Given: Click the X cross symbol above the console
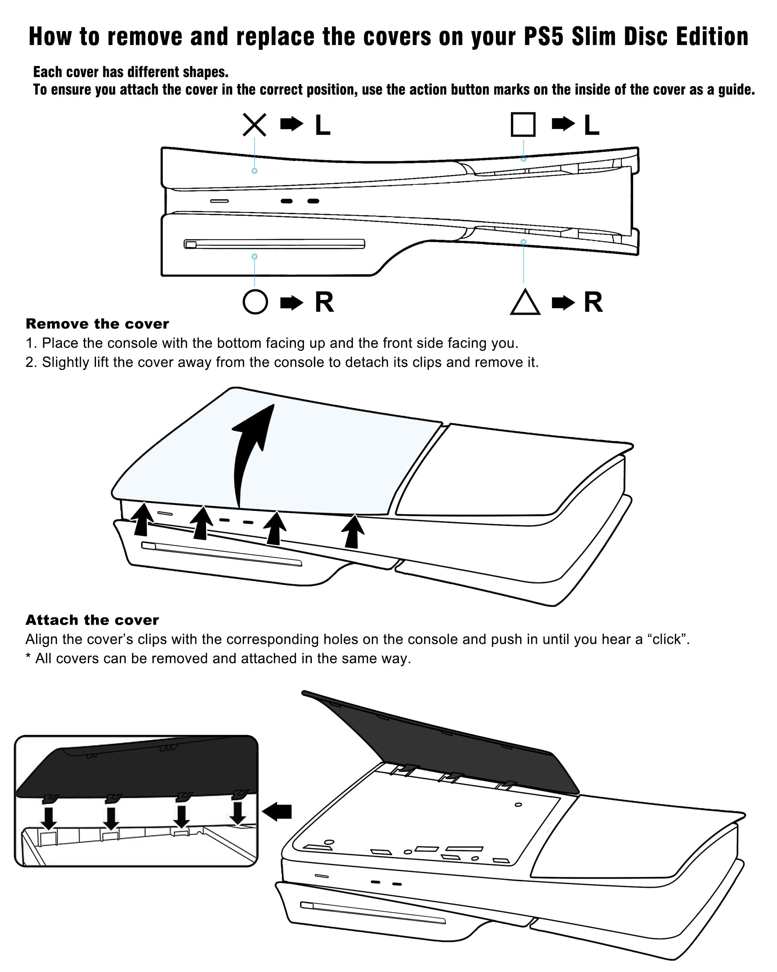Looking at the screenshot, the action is coord(255,125).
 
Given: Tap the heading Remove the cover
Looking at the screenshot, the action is coord(97,324).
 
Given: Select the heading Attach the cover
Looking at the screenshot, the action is coord(92,620).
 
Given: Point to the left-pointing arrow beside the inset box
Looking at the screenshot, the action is coord(277,811).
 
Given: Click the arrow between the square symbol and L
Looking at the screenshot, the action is coord(563,123).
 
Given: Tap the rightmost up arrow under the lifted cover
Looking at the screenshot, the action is coord(353,531).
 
